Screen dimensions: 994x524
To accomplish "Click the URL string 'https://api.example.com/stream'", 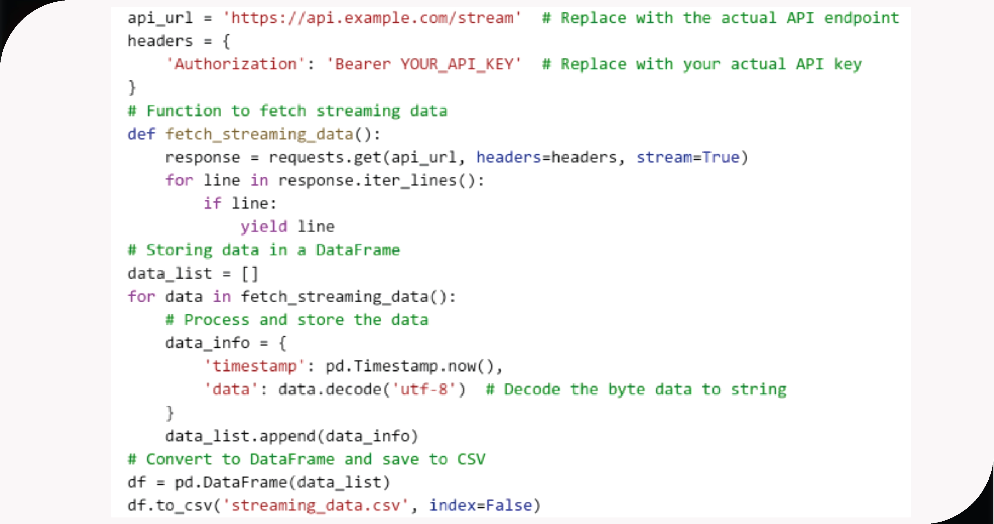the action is [372, 18].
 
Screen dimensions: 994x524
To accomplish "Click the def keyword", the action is [142, 134].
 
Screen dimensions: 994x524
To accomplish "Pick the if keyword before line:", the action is [212, 203].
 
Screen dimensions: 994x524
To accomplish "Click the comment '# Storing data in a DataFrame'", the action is [264, 250].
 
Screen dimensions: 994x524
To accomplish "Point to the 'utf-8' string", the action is [424, 390].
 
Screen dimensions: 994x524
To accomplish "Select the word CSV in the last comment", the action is [471, 459].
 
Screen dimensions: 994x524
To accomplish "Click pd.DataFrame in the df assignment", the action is [231, 482].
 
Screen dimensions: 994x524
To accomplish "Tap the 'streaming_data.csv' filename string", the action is [316, 506].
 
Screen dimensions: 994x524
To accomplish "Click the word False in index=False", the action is [509, 506].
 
